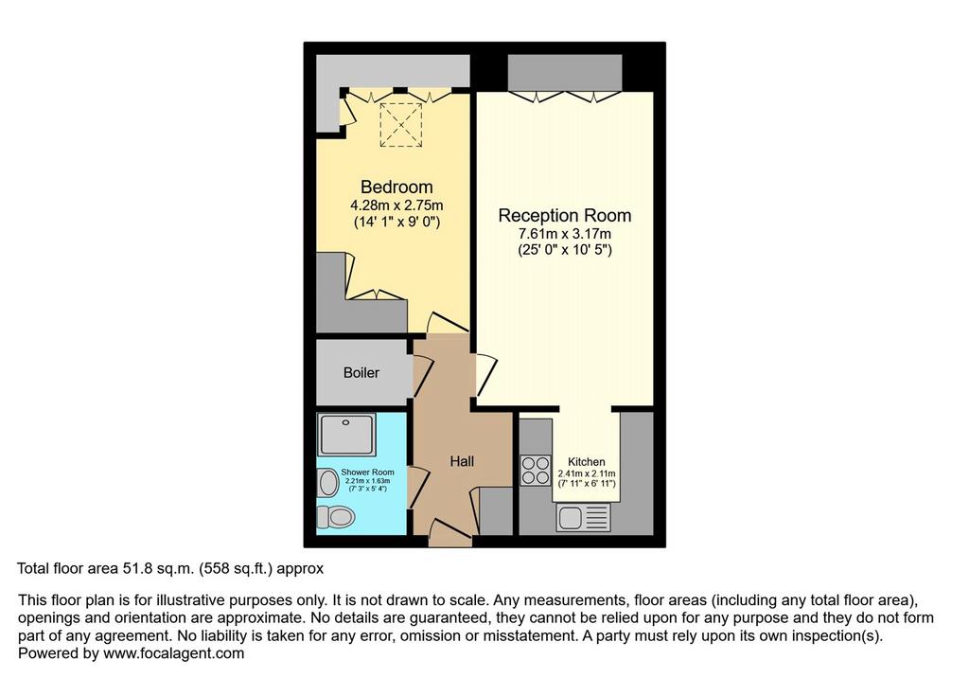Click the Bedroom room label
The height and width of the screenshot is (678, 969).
(x=396, y=187)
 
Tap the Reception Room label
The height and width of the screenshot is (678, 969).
(x=565, y=215)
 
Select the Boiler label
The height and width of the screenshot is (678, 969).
(x=361, y=372)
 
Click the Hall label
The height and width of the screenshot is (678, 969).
(x=462, y=461)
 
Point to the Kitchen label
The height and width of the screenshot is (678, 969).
(x=587, y=462)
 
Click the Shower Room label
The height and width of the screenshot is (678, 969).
(x=367, y=472)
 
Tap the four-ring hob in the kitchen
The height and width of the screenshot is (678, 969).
(x=536, y=470)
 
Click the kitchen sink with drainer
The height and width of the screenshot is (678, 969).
(x=583, y=517)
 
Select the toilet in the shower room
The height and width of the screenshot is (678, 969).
(x=336, y=516)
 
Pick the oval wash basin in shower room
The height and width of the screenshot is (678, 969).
(x=328, y=483)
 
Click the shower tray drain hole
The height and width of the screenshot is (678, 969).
(x=346, y=422)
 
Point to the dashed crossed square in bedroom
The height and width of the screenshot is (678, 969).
(x=400, y=125)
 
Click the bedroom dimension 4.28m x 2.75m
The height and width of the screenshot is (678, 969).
(x=396, y=205)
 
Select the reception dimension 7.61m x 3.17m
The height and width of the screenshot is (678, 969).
(x=565, y=234)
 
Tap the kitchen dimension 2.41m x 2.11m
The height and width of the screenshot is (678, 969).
(x=587, y=473)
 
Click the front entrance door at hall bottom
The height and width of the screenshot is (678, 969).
(x=449, y=532)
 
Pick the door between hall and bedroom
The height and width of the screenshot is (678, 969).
(x=448, y=323)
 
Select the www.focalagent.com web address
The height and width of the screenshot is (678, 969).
(x=174, y=653)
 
